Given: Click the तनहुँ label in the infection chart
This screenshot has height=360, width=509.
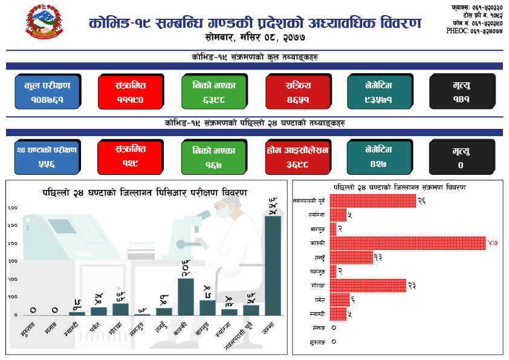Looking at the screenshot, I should [x=318, y=257].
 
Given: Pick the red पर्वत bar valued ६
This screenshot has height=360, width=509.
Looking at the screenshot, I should [x=339, y=299].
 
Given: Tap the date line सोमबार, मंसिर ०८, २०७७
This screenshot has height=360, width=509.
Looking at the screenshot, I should [x=255, y=38].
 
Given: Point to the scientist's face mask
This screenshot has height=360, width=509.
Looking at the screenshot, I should [x=224, y=212].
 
